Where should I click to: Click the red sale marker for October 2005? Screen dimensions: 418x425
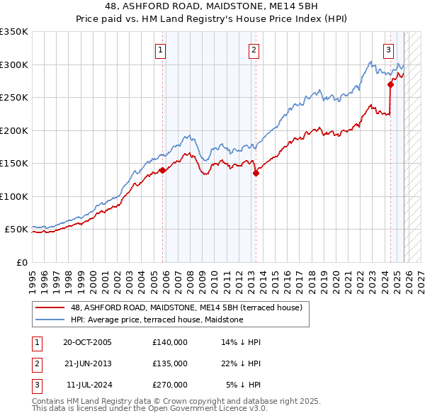[x=163, y=170]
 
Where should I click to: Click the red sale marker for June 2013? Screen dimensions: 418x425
[x=256, y=173]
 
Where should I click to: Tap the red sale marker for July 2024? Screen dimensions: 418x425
[x=390, y=84]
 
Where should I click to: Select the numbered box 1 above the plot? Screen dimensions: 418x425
[x=161, y=50]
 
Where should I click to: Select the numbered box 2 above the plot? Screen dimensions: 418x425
[x=254, y=50]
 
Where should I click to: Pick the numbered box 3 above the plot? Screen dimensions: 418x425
[x=389, y=50]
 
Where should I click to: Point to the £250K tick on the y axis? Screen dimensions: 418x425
[x=14, y=97]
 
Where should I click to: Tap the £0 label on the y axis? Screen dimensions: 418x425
[x=21, y=262]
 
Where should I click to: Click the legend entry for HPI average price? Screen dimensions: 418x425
[x=157, y=320]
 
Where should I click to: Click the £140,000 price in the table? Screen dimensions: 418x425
[x=169, y=342]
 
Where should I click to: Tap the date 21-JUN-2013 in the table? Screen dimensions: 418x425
[x=87, y=363]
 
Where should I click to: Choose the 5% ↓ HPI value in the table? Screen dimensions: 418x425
[x=243, y=385]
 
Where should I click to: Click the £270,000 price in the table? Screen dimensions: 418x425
[x=169, y=385]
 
